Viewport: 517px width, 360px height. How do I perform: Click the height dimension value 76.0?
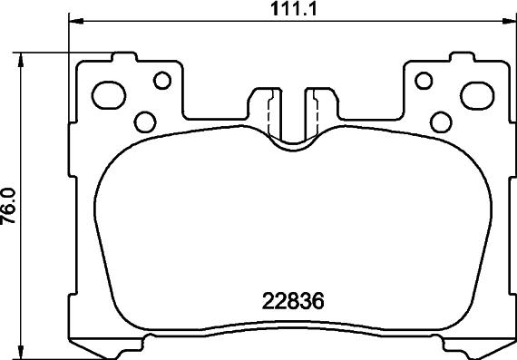coord(10,204)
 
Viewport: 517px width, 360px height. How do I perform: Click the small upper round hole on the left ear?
coord(161,82)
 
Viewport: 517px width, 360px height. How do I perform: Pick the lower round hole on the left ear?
coord(143,120)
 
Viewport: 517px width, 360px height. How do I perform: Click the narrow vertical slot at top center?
coord(290,113)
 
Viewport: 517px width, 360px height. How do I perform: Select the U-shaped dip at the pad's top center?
coord(290,140)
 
